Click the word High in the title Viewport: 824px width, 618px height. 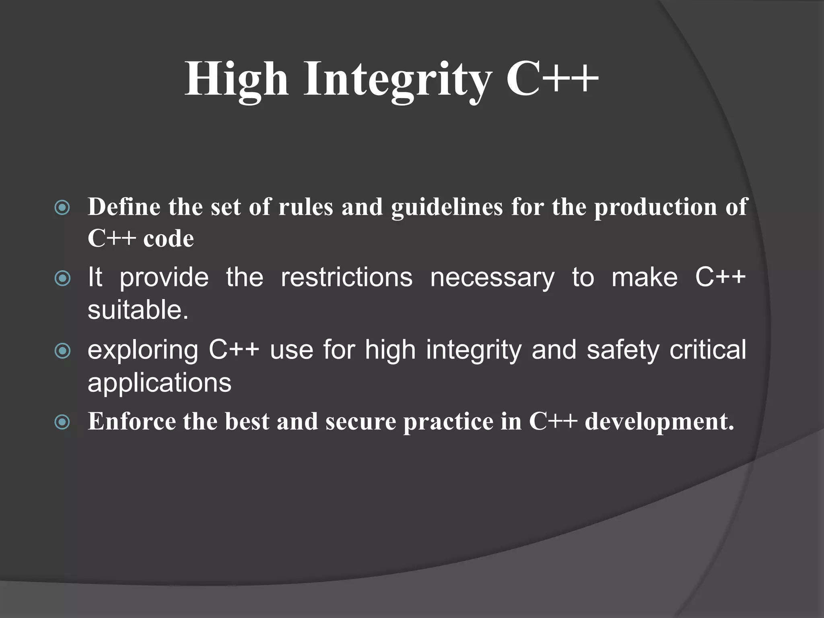[x=237, y=79]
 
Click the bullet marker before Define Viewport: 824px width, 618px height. [x=62, y=208]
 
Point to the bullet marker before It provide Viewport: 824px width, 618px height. [x=62, y=278]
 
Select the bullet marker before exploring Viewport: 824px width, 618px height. [x=62, y=351]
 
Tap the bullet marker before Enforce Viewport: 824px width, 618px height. [x=62, y=422]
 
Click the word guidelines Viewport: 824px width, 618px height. [x=447, y=208]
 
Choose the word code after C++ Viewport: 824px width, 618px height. [x=169, y=239]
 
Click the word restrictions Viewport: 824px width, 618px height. [x=346, y=278]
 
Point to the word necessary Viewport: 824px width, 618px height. [x=492, y=278]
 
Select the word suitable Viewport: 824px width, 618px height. [x=138, y=310]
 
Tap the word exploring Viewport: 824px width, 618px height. [x=143, y=351]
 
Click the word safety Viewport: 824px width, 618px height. [x=623, y=350]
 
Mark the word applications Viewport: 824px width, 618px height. [x=159, y=383]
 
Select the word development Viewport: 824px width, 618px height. [x=659, y=422]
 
